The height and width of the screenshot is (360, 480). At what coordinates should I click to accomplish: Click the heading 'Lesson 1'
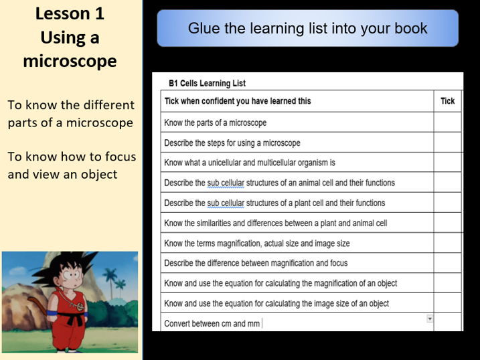click(70, 13)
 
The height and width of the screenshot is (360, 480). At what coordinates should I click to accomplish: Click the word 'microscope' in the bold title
click(70, 62)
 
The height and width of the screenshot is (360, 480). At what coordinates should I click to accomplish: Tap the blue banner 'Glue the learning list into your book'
click(307, 28)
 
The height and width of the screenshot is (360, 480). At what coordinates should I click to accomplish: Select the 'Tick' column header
click(447, 101)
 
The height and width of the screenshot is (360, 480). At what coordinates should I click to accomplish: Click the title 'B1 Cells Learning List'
click(207, 84)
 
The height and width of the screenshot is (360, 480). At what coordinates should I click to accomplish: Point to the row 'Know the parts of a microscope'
click(215, 122)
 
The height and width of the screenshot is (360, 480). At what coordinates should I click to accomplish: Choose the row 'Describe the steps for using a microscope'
click(232, 143)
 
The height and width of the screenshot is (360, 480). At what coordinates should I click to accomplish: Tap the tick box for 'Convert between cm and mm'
click(447, 323)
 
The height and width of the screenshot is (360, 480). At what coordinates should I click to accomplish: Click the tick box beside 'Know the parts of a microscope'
click(447, 122)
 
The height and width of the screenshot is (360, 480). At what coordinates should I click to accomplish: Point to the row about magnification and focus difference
click(256, 263)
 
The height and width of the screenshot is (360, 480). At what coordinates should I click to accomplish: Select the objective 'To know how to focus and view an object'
click(71, 165)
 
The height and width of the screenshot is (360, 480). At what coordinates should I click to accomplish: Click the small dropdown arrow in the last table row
click(429, 319)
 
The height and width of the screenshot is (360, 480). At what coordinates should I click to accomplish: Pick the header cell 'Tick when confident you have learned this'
click(237, 101)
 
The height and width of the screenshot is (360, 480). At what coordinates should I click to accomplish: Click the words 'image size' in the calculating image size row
click(325, 303)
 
